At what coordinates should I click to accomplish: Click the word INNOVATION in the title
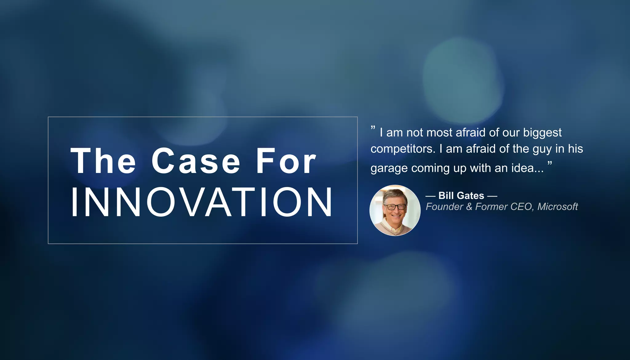(201, 202)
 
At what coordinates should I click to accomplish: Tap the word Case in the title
(196, 161)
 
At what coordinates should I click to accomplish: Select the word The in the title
(103, 161)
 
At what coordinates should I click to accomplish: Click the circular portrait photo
(395, 210)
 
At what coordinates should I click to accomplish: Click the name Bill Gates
(461, 196)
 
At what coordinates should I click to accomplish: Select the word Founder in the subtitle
(444, 206)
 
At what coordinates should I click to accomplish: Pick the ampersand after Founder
(469, 206)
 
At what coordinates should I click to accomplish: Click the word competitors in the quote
(403, 149)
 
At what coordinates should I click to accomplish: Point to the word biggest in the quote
(542, 133)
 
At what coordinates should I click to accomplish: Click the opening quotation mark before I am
(373, 127)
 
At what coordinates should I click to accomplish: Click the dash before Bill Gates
(430, 196)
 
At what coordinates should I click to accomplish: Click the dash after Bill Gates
(492, 196)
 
